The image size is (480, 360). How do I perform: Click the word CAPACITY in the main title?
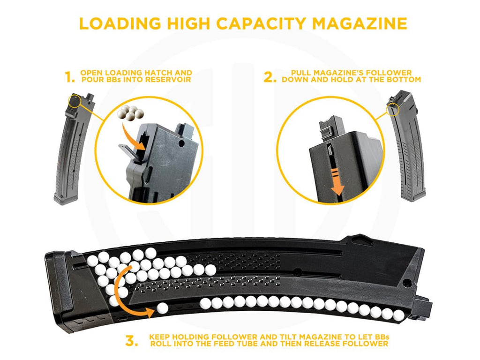(261, 23)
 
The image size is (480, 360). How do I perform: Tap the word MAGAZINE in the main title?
(360, 23)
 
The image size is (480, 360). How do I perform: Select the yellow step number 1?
(70, 77)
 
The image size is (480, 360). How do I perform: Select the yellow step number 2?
(270, 77)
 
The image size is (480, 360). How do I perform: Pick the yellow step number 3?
(132, 341)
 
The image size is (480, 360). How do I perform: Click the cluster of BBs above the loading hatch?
(130, 112)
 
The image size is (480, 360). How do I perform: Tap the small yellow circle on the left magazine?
(75, 101)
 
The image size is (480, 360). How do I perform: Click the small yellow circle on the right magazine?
(393, 109)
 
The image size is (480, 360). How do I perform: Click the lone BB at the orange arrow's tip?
(162, 308)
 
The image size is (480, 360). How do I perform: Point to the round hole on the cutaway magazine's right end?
(407, 283)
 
